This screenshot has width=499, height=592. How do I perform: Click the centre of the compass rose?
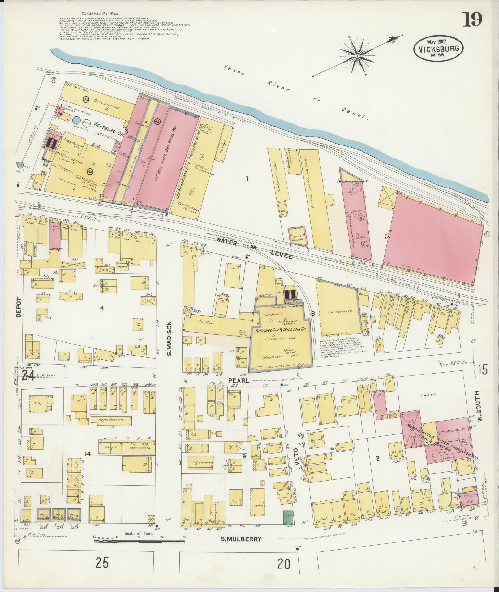(357, 56)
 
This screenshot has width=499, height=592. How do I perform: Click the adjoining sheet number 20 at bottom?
(284, 564)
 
